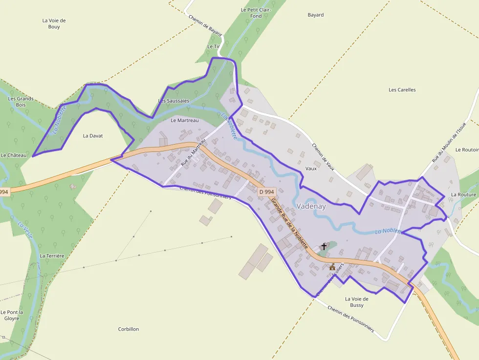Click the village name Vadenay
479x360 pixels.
(311, 207)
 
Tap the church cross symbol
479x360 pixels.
(324, 247)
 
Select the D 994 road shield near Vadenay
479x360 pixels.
(266, 192)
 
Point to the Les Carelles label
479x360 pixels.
(402, 90)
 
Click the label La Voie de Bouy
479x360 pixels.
(54, 23)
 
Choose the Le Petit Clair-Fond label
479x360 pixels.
(256, 13)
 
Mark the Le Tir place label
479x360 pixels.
(214, 46)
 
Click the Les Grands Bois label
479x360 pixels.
(21, 102)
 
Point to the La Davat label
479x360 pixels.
(93, 136)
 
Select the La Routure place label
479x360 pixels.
(463, 194)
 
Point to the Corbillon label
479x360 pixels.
(129, 329)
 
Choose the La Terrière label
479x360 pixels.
(52, 255)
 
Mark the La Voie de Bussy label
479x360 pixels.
(357, 302)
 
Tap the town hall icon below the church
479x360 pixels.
(332, 267)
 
